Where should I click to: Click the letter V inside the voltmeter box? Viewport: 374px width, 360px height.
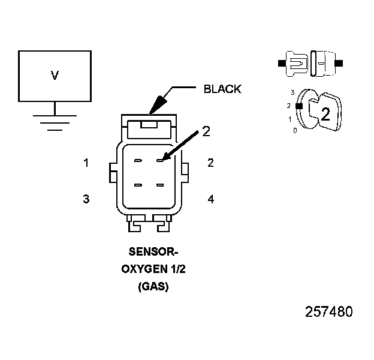click(55, 76)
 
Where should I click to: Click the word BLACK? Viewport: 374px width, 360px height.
click(222, 89)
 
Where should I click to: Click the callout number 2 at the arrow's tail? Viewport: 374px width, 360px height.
click(206, 132)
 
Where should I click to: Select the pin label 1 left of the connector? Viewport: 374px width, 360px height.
click(86, 163)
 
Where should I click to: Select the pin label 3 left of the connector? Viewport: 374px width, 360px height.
click(86, 199)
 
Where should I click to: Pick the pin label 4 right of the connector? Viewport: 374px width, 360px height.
click(210, 199)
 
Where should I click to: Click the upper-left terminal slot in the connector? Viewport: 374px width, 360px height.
click(138, 161)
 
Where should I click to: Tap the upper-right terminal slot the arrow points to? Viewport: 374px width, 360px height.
click(160, 160)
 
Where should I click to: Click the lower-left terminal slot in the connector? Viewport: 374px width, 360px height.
click(138, 185)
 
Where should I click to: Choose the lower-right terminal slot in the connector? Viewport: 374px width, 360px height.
click(160, 185)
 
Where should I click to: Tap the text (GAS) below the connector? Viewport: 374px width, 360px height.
click(153, 287)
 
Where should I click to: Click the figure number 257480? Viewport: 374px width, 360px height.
click(329, 312)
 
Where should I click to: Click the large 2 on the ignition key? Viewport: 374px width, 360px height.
click(325, 115)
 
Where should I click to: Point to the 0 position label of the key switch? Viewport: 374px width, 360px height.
click(294, 130)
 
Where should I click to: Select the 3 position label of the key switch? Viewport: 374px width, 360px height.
click(292, 93)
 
